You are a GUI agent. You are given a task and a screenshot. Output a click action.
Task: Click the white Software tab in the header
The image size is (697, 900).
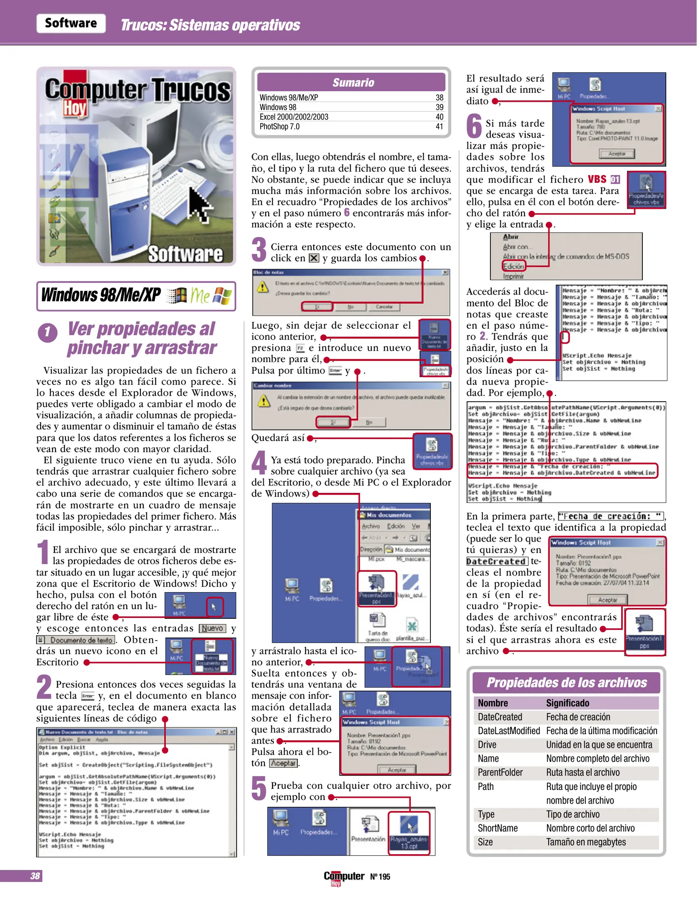[71, 23]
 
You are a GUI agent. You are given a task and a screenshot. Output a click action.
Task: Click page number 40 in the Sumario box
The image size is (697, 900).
[439, 117]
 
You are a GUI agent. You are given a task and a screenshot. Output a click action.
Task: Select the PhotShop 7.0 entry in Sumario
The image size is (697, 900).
[279, 127]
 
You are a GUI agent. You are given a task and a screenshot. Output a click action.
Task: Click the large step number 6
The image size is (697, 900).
[474, 126]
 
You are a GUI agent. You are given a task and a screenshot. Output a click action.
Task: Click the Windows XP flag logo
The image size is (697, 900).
[222, 296]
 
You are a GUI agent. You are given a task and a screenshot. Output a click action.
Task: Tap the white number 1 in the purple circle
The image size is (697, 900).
[47, 332]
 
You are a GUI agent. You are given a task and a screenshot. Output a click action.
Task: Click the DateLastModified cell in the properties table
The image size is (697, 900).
[508, 730]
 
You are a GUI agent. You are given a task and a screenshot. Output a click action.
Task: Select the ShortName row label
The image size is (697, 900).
[497, 828]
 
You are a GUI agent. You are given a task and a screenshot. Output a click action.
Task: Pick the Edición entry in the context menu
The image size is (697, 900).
[513, 266]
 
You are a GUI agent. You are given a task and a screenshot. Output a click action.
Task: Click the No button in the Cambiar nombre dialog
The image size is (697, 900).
[369, 422]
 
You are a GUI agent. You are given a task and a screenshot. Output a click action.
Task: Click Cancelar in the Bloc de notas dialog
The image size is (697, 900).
[384, 307]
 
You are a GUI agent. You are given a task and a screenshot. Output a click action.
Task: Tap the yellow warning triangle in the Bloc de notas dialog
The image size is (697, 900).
[262, 287]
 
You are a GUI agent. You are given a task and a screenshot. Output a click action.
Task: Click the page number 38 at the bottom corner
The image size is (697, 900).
[35, 876]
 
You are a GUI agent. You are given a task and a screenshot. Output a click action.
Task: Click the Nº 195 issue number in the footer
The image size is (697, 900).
[380, 877]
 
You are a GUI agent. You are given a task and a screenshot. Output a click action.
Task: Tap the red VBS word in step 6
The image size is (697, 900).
[597, 179]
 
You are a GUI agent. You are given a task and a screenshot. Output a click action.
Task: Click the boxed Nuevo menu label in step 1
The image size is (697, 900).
[212, 628]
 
